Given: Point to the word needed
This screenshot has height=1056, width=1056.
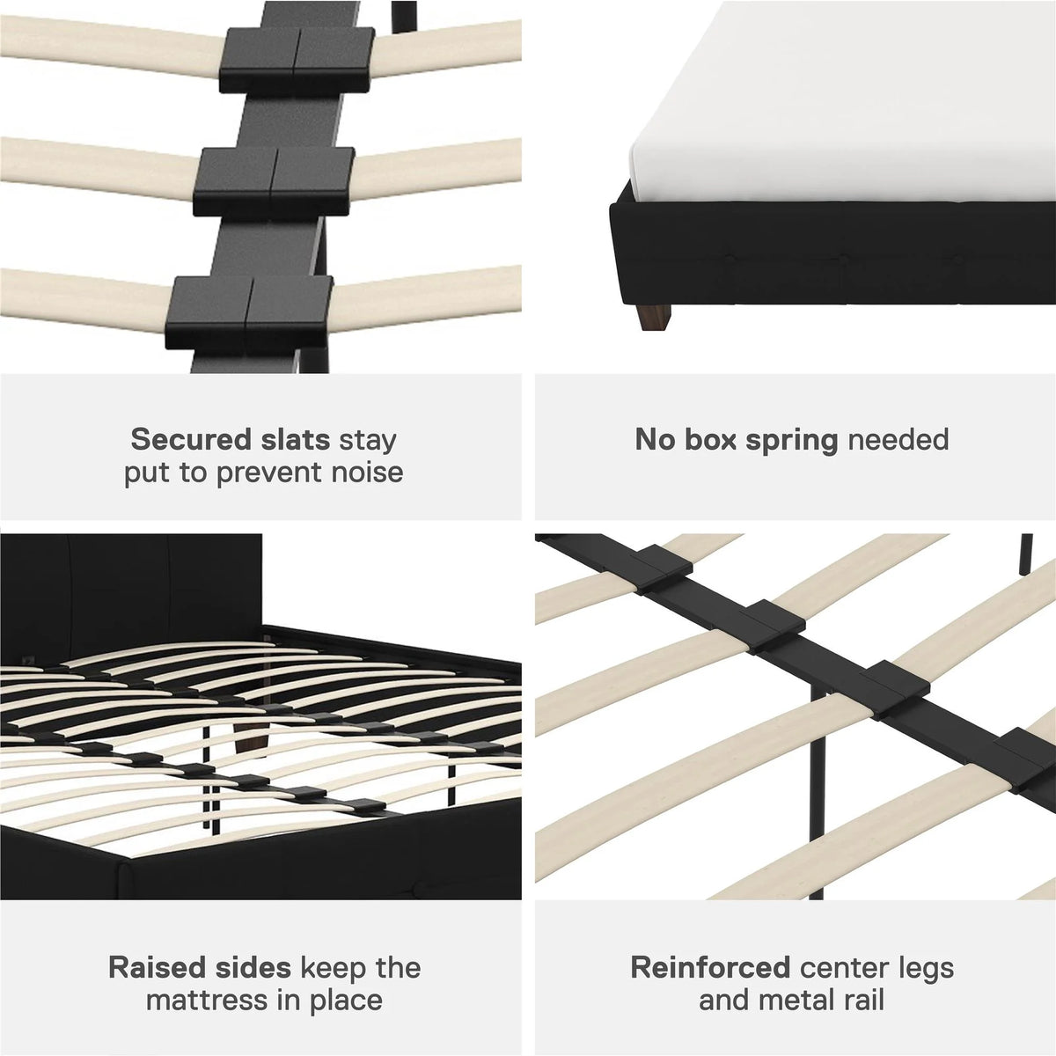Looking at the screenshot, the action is coord(898,439).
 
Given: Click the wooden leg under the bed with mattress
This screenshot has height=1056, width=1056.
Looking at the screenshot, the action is coord(655,318).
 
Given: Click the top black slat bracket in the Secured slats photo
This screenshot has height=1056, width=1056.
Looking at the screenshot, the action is coord(297,61).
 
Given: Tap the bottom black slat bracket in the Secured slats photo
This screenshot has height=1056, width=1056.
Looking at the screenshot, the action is coord(249,313).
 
